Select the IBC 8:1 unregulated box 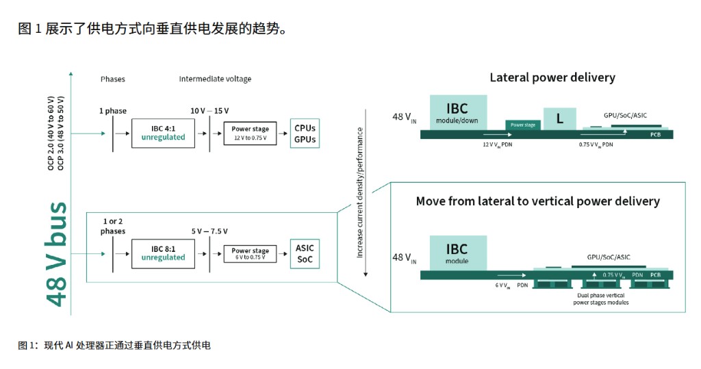point(163,253)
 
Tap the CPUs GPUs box point(305,133)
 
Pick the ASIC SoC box point(305,253)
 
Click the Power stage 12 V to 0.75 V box point(250,133)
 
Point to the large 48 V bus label point(58,253)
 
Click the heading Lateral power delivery point(552,77)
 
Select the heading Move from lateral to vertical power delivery point(537,201)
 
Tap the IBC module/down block point(458,114)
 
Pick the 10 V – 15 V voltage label point(209,110)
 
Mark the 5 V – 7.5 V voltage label point(209,231)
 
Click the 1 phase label point(112,110)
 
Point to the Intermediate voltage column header point(215,79)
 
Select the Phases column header point(113,79)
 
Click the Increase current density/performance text point(360,192)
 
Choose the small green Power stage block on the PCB point(523,125)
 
